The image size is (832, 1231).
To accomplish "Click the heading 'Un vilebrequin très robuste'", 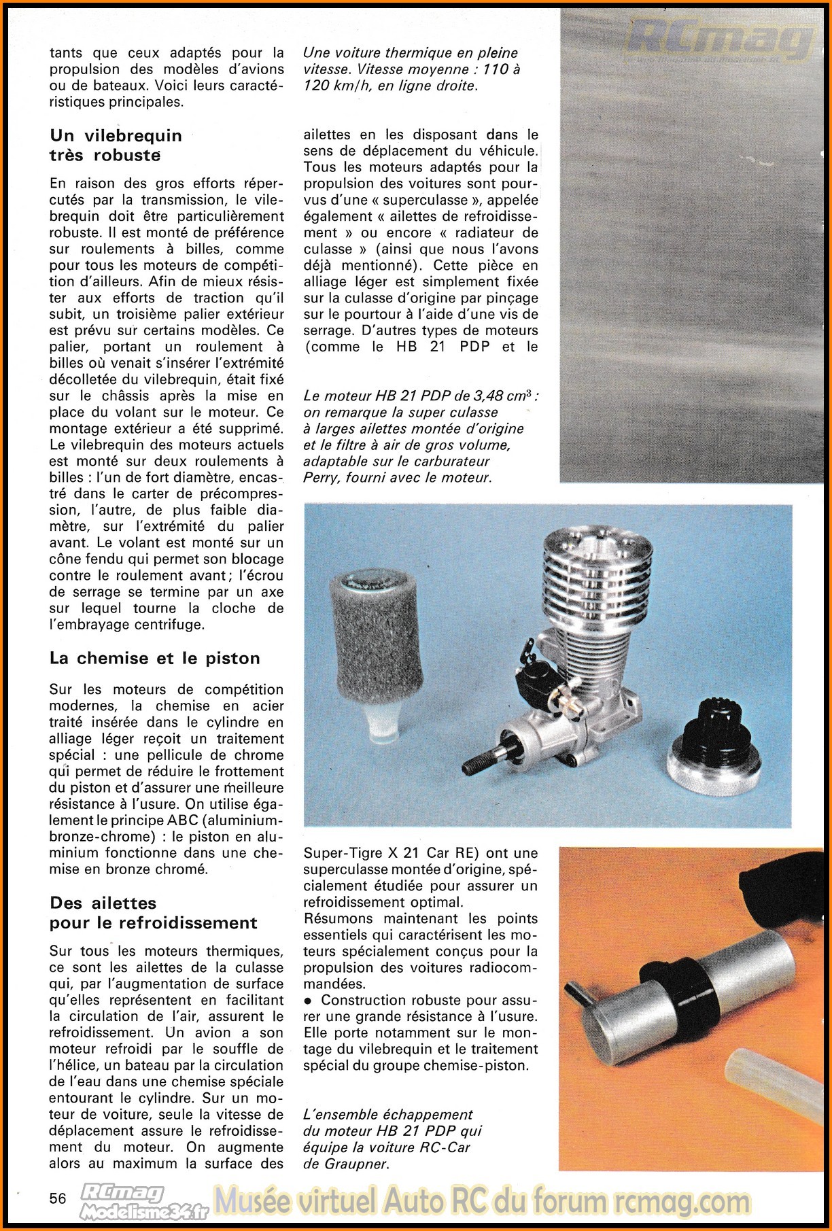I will point(116,145).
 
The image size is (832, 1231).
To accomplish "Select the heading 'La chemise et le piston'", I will point(154,658).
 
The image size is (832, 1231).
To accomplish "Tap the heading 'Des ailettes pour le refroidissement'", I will point(153,913).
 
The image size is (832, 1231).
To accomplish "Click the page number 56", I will point(58,1198).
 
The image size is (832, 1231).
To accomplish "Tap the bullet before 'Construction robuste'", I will point(309,1001).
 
